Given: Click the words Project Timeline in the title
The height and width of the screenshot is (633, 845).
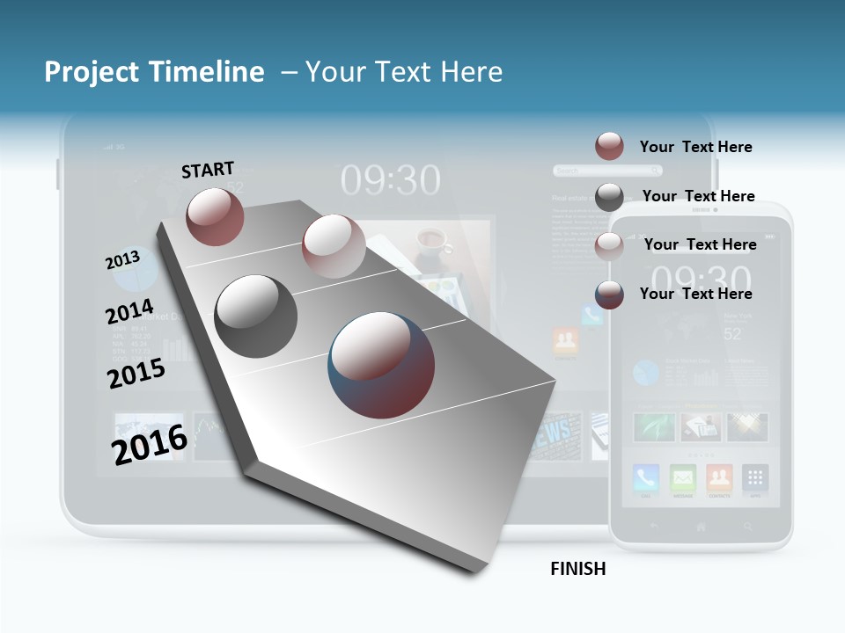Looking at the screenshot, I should (x=154, y=72).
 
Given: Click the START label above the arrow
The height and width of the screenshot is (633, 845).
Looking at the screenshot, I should (x=208, y=170).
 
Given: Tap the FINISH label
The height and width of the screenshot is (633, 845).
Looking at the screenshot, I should (x=578, y=569).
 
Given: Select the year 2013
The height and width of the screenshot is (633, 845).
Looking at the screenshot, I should (x=122, y=260).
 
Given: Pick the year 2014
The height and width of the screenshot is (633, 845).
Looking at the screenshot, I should (x=129, y=312).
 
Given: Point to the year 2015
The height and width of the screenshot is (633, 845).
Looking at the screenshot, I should (x=136, y=373).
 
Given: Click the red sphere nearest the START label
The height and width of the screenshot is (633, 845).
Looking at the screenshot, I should (x=215, y=216).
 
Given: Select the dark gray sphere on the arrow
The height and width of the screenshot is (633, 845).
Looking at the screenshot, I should (x=256, y=316).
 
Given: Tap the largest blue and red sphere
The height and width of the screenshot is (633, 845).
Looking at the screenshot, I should (x=381, y=365).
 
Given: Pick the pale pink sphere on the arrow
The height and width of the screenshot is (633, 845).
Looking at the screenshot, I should (x=334, y=246).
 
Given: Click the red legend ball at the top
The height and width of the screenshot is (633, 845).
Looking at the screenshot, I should (x=609, y=146).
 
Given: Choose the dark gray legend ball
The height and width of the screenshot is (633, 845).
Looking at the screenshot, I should (x=609, y=197).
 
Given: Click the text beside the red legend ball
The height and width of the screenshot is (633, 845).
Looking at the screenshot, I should (x=695, y=147).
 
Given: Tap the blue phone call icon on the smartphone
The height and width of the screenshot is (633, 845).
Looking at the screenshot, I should (x=646, y=478).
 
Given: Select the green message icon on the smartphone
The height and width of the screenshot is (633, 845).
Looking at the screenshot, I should (x=683, y=478).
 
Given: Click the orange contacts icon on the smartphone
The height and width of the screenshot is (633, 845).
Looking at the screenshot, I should (x=719, y=478).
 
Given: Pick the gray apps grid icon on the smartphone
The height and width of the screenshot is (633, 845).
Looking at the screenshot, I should (x=755, y=478).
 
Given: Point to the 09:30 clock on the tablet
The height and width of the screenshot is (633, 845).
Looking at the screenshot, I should (x=390, y=181).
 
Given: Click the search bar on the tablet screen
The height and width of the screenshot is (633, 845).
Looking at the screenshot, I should (x=588, y=171).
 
